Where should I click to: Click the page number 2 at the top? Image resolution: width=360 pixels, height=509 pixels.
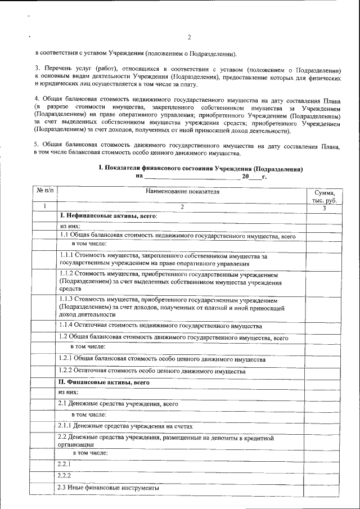[189, 38]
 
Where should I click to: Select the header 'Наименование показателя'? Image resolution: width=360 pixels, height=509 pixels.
[182, 192]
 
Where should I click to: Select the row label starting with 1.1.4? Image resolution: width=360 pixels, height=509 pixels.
[160, 326]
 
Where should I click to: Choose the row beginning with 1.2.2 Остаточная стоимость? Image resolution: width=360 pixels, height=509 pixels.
[152, 372]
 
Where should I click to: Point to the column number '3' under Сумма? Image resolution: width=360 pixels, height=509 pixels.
[324, 208]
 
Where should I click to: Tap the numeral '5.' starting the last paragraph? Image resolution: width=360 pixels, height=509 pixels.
[37, 146]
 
